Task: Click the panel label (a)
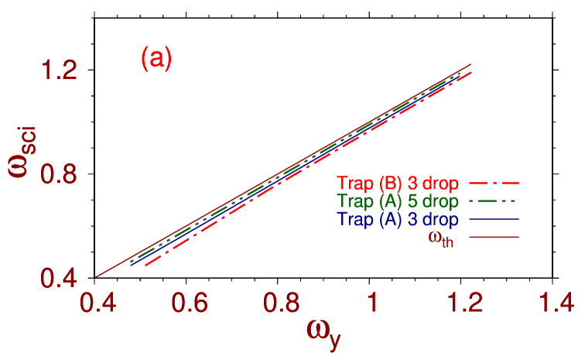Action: click(x=156, y=59)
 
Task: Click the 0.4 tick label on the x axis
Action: click(x=97, y=303)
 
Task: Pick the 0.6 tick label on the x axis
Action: click(x=189, y=303)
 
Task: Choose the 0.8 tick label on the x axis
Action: click(x=281, y=303)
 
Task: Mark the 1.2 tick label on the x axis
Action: click(x=464, y=303)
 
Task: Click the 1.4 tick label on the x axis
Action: click(x=556, y=303)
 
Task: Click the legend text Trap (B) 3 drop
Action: click(x=398, y=183)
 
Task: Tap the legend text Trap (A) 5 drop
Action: click(x=398, y=201)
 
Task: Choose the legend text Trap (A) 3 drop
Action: click(x=398, y=219)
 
